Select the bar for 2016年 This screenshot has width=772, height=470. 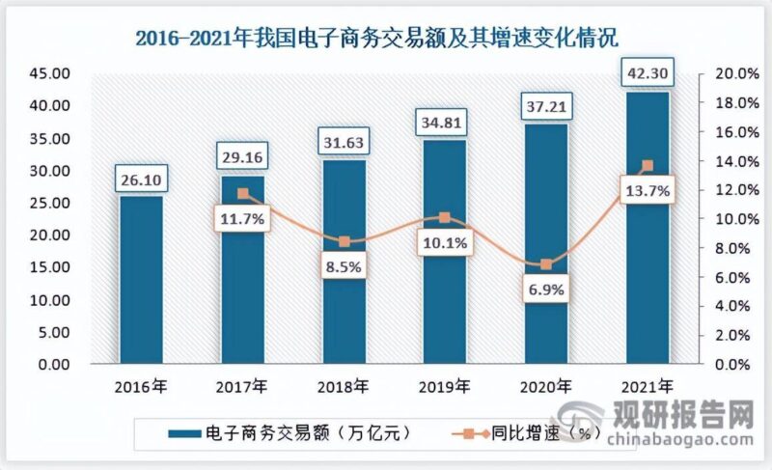coord(142,280)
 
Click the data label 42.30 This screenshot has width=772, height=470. coord(647,71)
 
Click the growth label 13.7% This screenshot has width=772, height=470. coord(647,192)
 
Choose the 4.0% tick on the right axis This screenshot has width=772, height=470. coord(731,307)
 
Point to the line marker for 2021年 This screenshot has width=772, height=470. coord(647,166)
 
